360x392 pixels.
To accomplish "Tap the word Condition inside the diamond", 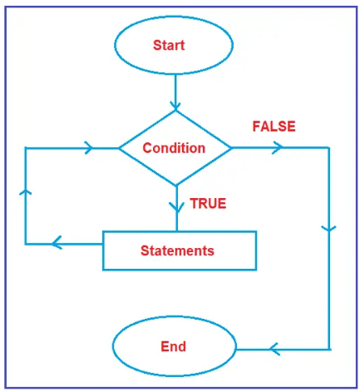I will pyautogui.click(x=174, y=148).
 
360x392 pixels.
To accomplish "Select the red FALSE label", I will pyautogui.click(x=274, y=127).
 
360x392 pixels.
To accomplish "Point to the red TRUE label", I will pyautogui.click(x=208, y=203).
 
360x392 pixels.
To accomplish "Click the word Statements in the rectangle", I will pyautogui.click(x=177, y=251).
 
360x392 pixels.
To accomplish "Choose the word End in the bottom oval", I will pyautogui.click(x=173, y=346).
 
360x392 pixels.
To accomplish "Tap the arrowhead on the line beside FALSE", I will pyautogui.click(x=277, y=147).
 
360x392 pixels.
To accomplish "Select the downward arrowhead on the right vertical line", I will pyautogui.click(x=330, y=228).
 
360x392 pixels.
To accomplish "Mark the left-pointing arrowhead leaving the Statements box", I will pyautogui.click(x=56, y=244).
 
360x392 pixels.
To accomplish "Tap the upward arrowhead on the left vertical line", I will pyautogui.click(x=26, y=191).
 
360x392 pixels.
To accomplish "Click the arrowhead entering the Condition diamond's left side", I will pyautogui.click(x=87, y=148).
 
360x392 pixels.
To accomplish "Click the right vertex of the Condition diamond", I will pyautogui.click(x=232, y=148).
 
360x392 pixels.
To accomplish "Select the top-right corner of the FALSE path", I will pyautogui.click(x=329, y=148).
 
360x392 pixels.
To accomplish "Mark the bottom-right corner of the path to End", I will pyautogui.click(x=329, y=349).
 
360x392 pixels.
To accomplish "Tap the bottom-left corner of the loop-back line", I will pyautogui.click(x=26, y=244).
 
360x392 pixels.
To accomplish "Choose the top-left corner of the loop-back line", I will pyautogui.click(x=26, y=148).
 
